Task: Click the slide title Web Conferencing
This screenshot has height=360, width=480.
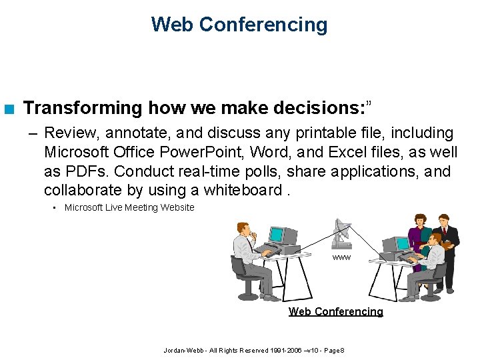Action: (x=239, y=25)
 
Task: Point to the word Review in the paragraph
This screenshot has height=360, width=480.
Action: (x=67, y=134)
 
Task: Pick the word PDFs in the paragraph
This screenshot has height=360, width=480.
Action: (x=83, y=171)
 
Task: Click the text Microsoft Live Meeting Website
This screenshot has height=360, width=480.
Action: (x=129, y=207)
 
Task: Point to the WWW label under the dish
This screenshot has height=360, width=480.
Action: (x=341, y=257)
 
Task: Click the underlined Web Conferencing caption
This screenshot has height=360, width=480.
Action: (x=335, y=311)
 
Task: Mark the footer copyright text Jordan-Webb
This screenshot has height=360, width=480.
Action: (x=253, y=351)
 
